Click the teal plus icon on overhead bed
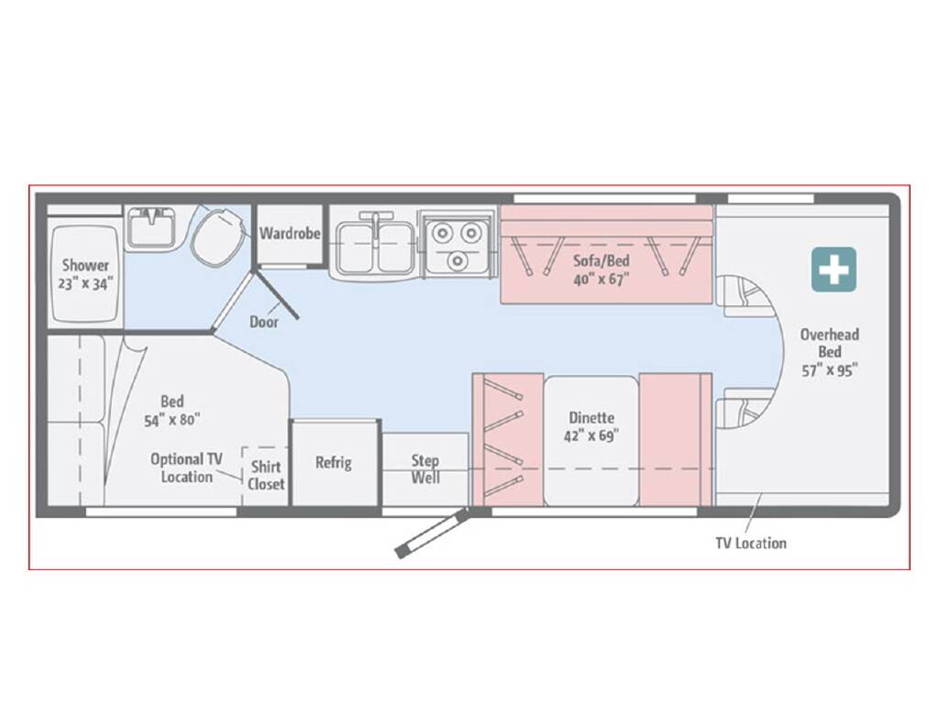834,269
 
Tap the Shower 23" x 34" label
85,274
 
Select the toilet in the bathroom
220,236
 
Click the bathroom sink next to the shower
151,227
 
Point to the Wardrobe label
290,233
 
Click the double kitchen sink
375,246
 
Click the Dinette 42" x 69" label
590,426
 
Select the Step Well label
425,468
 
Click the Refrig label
334,462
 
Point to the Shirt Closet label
266,475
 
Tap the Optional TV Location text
186,467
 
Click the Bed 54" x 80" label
171,410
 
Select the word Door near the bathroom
264,322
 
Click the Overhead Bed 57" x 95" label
829,352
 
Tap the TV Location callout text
750,543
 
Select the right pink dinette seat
673,440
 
